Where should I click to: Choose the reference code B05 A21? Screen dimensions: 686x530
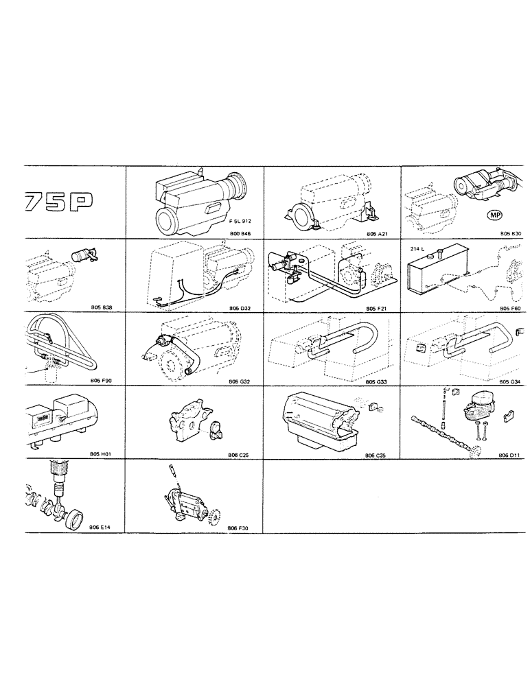point(378,233)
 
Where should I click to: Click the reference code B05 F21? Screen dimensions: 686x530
point(378,307)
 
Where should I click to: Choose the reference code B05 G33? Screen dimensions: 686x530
point(378,381)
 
